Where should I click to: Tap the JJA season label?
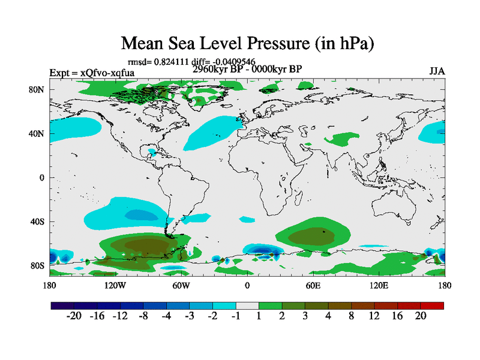[x=437, y=71]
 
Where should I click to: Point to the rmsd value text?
[x=192, y=61]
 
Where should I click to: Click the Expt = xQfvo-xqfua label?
[x=92, y=73]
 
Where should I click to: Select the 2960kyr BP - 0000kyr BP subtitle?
[x=247, y=69]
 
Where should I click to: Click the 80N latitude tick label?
[x=38, y=89]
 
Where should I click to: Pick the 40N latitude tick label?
[x=38, y=133]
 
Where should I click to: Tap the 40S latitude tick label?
[x=38, y=221]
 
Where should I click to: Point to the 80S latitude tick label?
[x=38, y=265]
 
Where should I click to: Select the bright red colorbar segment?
[x=436, y=305]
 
